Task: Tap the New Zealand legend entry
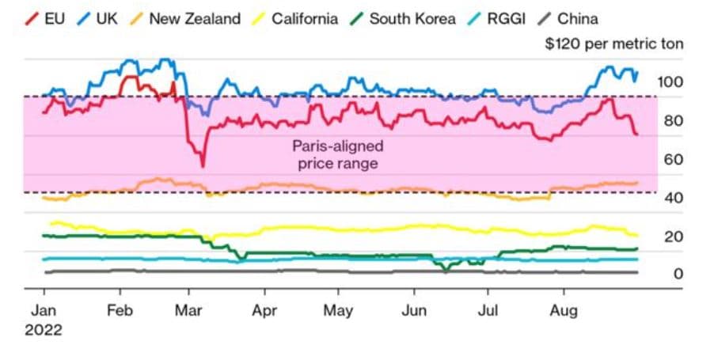pyautogui.click(x=185, y=18)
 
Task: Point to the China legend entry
pyautogui.click(x=567, y=18)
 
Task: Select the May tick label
pyautogui.click(x=339, y=309)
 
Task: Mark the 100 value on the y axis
pyautogui.click(x=670, y=81)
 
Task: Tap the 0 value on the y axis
pyautogui.click(x=678, y=274)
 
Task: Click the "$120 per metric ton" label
pyautogui.click(x=613, y=44)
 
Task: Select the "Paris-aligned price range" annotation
pyautogui.click(x=338, y=155)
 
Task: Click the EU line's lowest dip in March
pyautogui.click(x=203, y=165)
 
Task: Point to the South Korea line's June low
pyautogui.click(x=446, y=271)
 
